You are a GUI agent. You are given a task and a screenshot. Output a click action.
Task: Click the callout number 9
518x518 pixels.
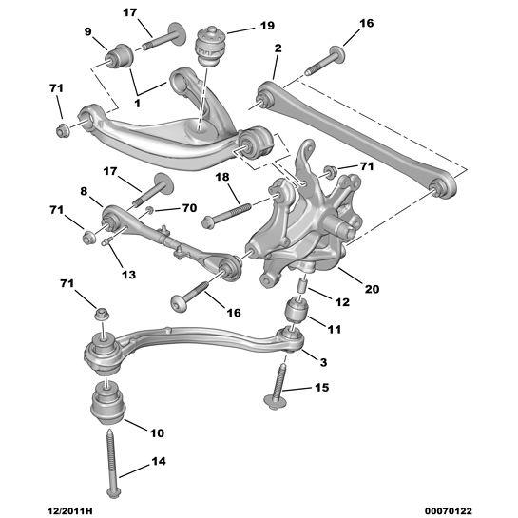pyautogui.click(x=88, y=31)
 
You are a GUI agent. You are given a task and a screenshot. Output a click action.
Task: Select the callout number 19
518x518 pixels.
pyautogui.click(x=267, y=26)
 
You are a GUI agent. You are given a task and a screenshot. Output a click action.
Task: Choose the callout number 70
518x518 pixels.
pyautogui.click(x=188, y=206)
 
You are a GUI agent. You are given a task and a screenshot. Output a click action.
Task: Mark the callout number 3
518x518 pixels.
pyautogui.click(x=324, y=363)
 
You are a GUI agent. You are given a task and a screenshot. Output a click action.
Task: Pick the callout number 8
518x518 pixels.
pyautogui.click(x=85, y=192)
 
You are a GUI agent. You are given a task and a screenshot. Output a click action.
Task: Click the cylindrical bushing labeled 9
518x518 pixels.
pyautogui.click(x=125, y=54)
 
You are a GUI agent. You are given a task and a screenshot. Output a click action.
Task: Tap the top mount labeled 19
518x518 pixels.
pyautogui.click(x=212, y=47)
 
